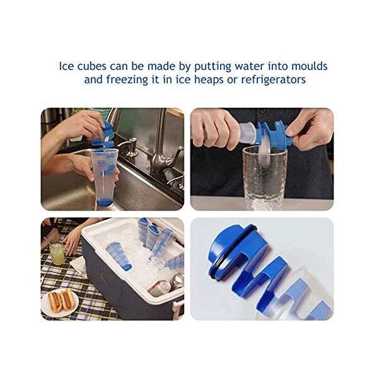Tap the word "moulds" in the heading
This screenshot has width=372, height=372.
point(310,66)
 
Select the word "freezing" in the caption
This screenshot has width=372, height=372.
point(127,79)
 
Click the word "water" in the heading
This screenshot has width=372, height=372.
point(249,66)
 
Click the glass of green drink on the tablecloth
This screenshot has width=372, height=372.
point(57,253)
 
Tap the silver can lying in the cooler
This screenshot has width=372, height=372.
point(160,288)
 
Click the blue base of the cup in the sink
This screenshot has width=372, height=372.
point(105,202)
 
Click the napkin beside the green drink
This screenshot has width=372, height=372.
point(79,266)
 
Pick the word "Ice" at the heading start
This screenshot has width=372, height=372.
point(66,66)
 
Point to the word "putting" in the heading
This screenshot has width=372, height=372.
point(213,67)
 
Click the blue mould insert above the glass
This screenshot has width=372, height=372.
point(273,134)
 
